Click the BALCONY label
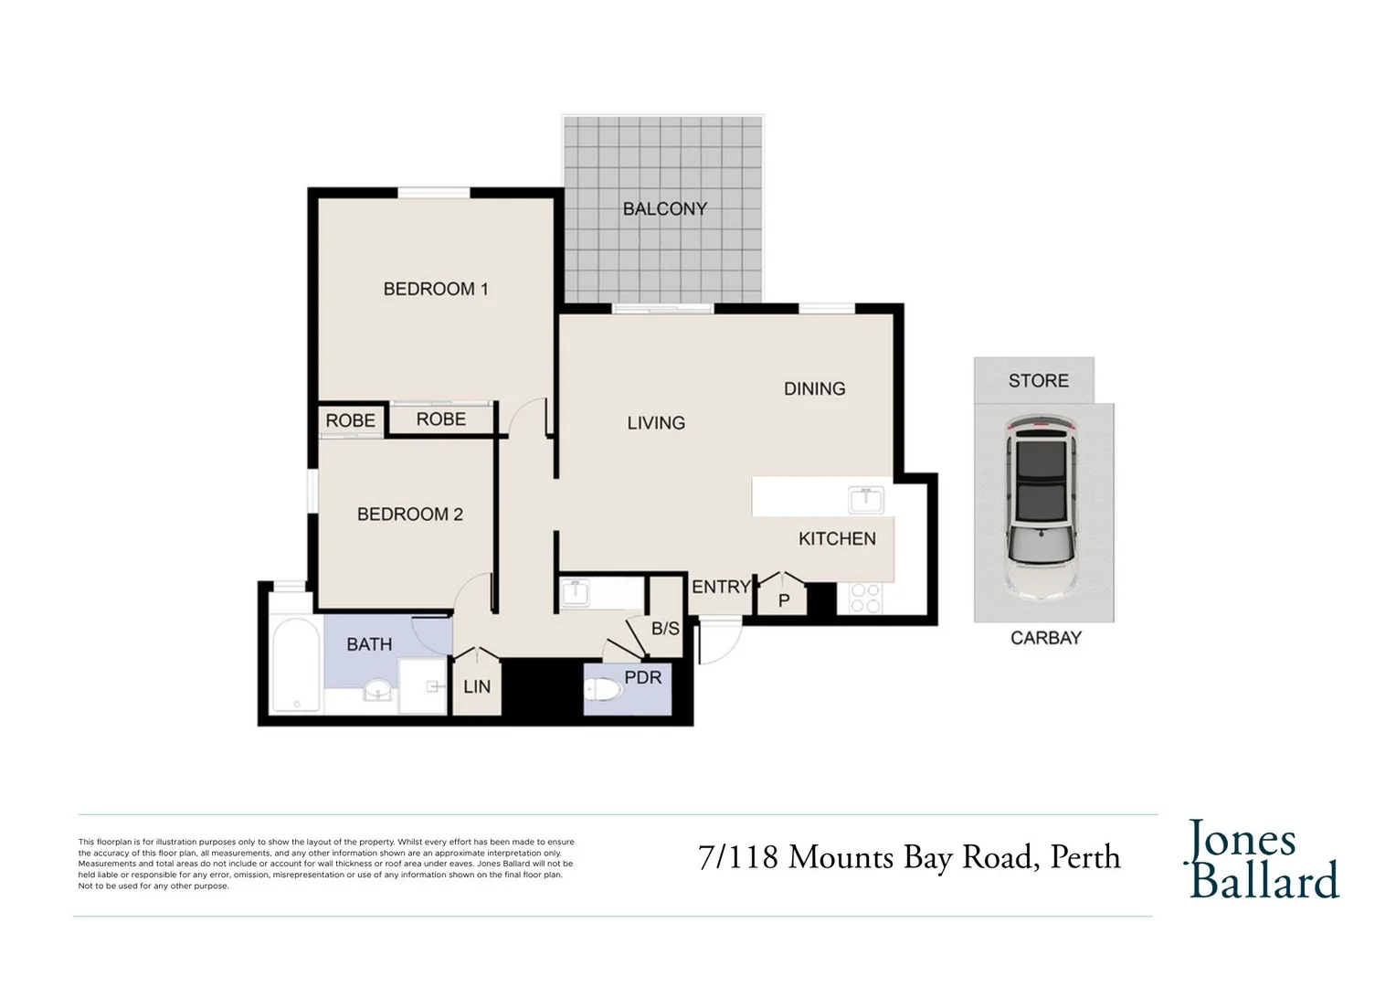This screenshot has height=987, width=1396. (x=665, y=209)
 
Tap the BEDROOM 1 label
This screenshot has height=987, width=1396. (x=436, y=289)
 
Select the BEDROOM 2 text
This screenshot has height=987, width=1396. (x=410, y=514)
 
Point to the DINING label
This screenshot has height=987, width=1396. (x=815, y=388)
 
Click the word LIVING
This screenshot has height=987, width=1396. (x=656, y=423)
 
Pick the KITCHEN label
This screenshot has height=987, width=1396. (x=837, y=538)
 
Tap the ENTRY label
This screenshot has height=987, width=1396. (x=721, y=587)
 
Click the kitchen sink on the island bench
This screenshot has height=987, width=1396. (x=866, y=499)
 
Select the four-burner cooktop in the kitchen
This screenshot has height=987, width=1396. (x=865, y=598)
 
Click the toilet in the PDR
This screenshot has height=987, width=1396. (x=603, y=690)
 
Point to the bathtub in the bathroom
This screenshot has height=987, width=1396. (x=296, y=664)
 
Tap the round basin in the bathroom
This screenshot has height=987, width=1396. (x=377, y=690)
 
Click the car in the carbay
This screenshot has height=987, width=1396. (x=1042, y=508)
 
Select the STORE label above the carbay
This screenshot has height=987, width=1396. (x=1038, y=380)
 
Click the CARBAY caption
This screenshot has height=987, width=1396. (x=1046, y=638)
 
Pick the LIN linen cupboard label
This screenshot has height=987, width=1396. (x=477, y=686)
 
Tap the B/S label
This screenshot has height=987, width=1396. (x=665, y=629)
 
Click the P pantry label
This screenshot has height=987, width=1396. (x=784, y=600)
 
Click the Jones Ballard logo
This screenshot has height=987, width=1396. (x=1262, y=859)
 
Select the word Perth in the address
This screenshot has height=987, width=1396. (x=1085, y=857)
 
